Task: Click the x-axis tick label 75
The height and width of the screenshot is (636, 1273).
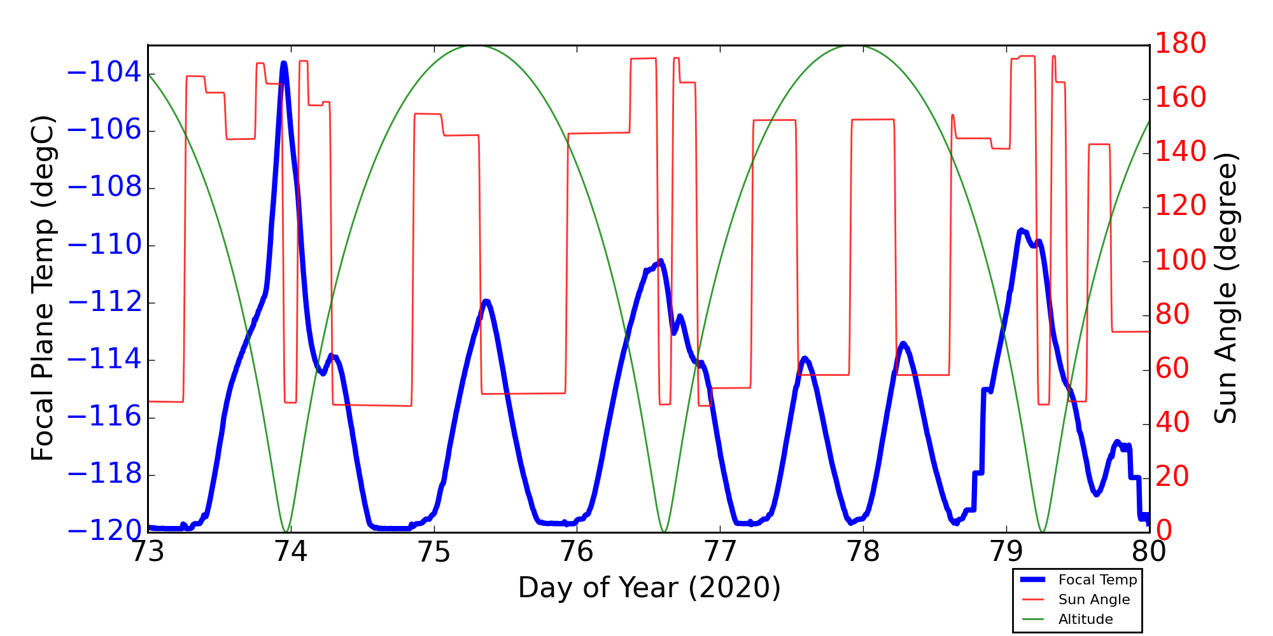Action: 433,552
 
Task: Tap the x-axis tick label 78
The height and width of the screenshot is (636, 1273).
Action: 863,552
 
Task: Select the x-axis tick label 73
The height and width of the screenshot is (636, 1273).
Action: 148,552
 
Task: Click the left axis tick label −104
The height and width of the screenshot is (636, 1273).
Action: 104,73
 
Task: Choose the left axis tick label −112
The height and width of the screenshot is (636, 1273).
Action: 104,303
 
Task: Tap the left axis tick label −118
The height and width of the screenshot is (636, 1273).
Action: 104,475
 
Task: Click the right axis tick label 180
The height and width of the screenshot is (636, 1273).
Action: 1181,44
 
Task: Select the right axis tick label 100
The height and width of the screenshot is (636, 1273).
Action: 1181,260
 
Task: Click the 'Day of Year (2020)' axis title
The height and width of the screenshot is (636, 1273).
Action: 649,588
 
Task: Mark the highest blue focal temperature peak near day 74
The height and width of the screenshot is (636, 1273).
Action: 283,63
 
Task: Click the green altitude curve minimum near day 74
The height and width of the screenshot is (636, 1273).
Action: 286,531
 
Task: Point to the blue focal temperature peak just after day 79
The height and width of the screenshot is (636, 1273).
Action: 1021,230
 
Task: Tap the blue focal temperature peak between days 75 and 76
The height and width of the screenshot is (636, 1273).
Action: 486,301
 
